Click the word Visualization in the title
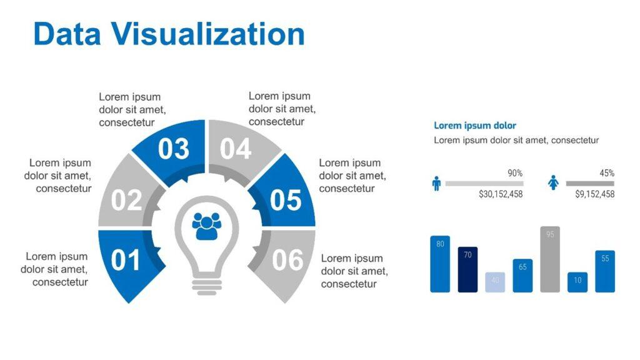(x=208, y=34)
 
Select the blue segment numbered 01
(x=126, y=261)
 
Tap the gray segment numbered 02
(x=126, y=196)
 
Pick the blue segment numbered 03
(x=174, y=149)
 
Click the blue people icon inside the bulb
(x=206, y=226)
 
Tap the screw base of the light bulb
(x=206, y=286)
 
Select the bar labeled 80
(x=440, y=264)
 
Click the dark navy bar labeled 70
(x=467, y=270)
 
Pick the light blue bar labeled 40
(x=495, y=282)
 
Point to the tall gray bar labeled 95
(x=550, y=259)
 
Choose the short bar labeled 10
(x=577, y=282)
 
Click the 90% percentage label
(x=515, y=173)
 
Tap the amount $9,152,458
(x=595, y=194)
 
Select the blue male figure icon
(x=436, y=184)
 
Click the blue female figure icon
(x=553, y=182)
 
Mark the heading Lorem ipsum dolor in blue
(x=475, y=126)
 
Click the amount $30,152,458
(x=501, y=194)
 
